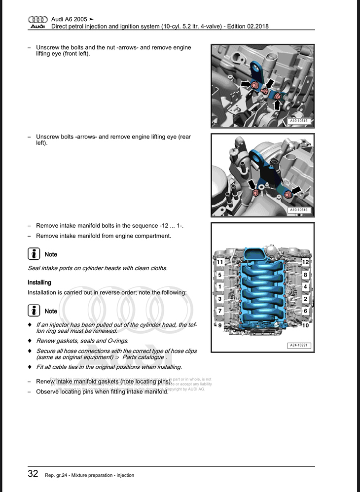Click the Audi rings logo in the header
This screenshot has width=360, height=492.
click(x=38, y=19)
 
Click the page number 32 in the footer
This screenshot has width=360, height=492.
click(x=33, y=474)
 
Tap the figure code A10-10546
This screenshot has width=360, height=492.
click(x=300, y=210)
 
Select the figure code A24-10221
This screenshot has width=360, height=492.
click(x=300, y=346)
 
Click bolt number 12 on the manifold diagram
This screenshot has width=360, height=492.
click(x=306, y=262)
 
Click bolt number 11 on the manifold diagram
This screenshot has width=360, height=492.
click(x=219, y=262)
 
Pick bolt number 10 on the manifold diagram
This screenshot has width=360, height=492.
click(x=306, y=325)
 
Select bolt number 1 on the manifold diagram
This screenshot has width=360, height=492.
click(x=219, y=286)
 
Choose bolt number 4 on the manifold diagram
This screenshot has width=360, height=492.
click(x=306, y=286)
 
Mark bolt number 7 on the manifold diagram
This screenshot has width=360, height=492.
click(x=219, y=311)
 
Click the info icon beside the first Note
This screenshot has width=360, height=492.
click(x=34, y=254)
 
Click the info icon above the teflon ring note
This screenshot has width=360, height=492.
click(x=34, y=311)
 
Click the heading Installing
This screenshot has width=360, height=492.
click(x=39, y=282)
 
